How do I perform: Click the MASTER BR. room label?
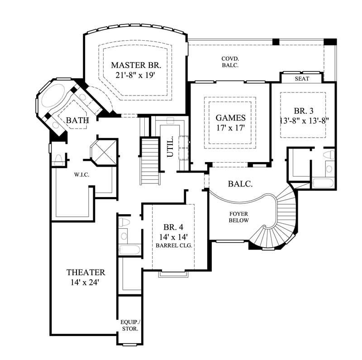tap(136, 65)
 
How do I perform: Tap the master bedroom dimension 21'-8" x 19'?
tap(136, 75)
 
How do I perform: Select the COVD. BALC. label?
tap(230, 62)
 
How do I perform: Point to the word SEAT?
tap(302, 78)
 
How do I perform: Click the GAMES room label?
tap(230, 118)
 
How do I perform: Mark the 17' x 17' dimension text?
tap(230, 128)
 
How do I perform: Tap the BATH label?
tap(77, 120)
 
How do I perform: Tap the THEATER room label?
tap(86, 273)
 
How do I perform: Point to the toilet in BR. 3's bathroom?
tap(329, 155)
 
